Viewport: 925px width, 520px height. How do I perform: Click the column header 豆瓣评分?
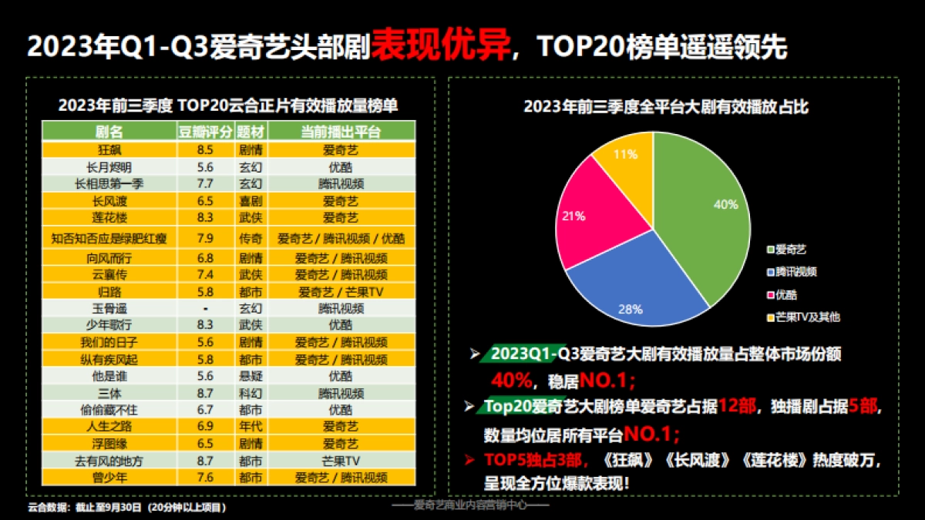pos(206,131)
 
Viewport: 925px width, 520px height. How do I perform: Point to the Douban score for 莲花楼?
pos(206,218)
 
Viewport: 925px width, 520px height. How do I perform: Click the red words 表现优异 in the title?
pos(442,47)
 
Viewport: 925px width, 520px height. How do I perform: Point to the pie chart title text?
pos(666,106)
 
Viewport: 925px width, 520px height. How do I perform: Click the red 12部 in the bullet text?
pos(740,406)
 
